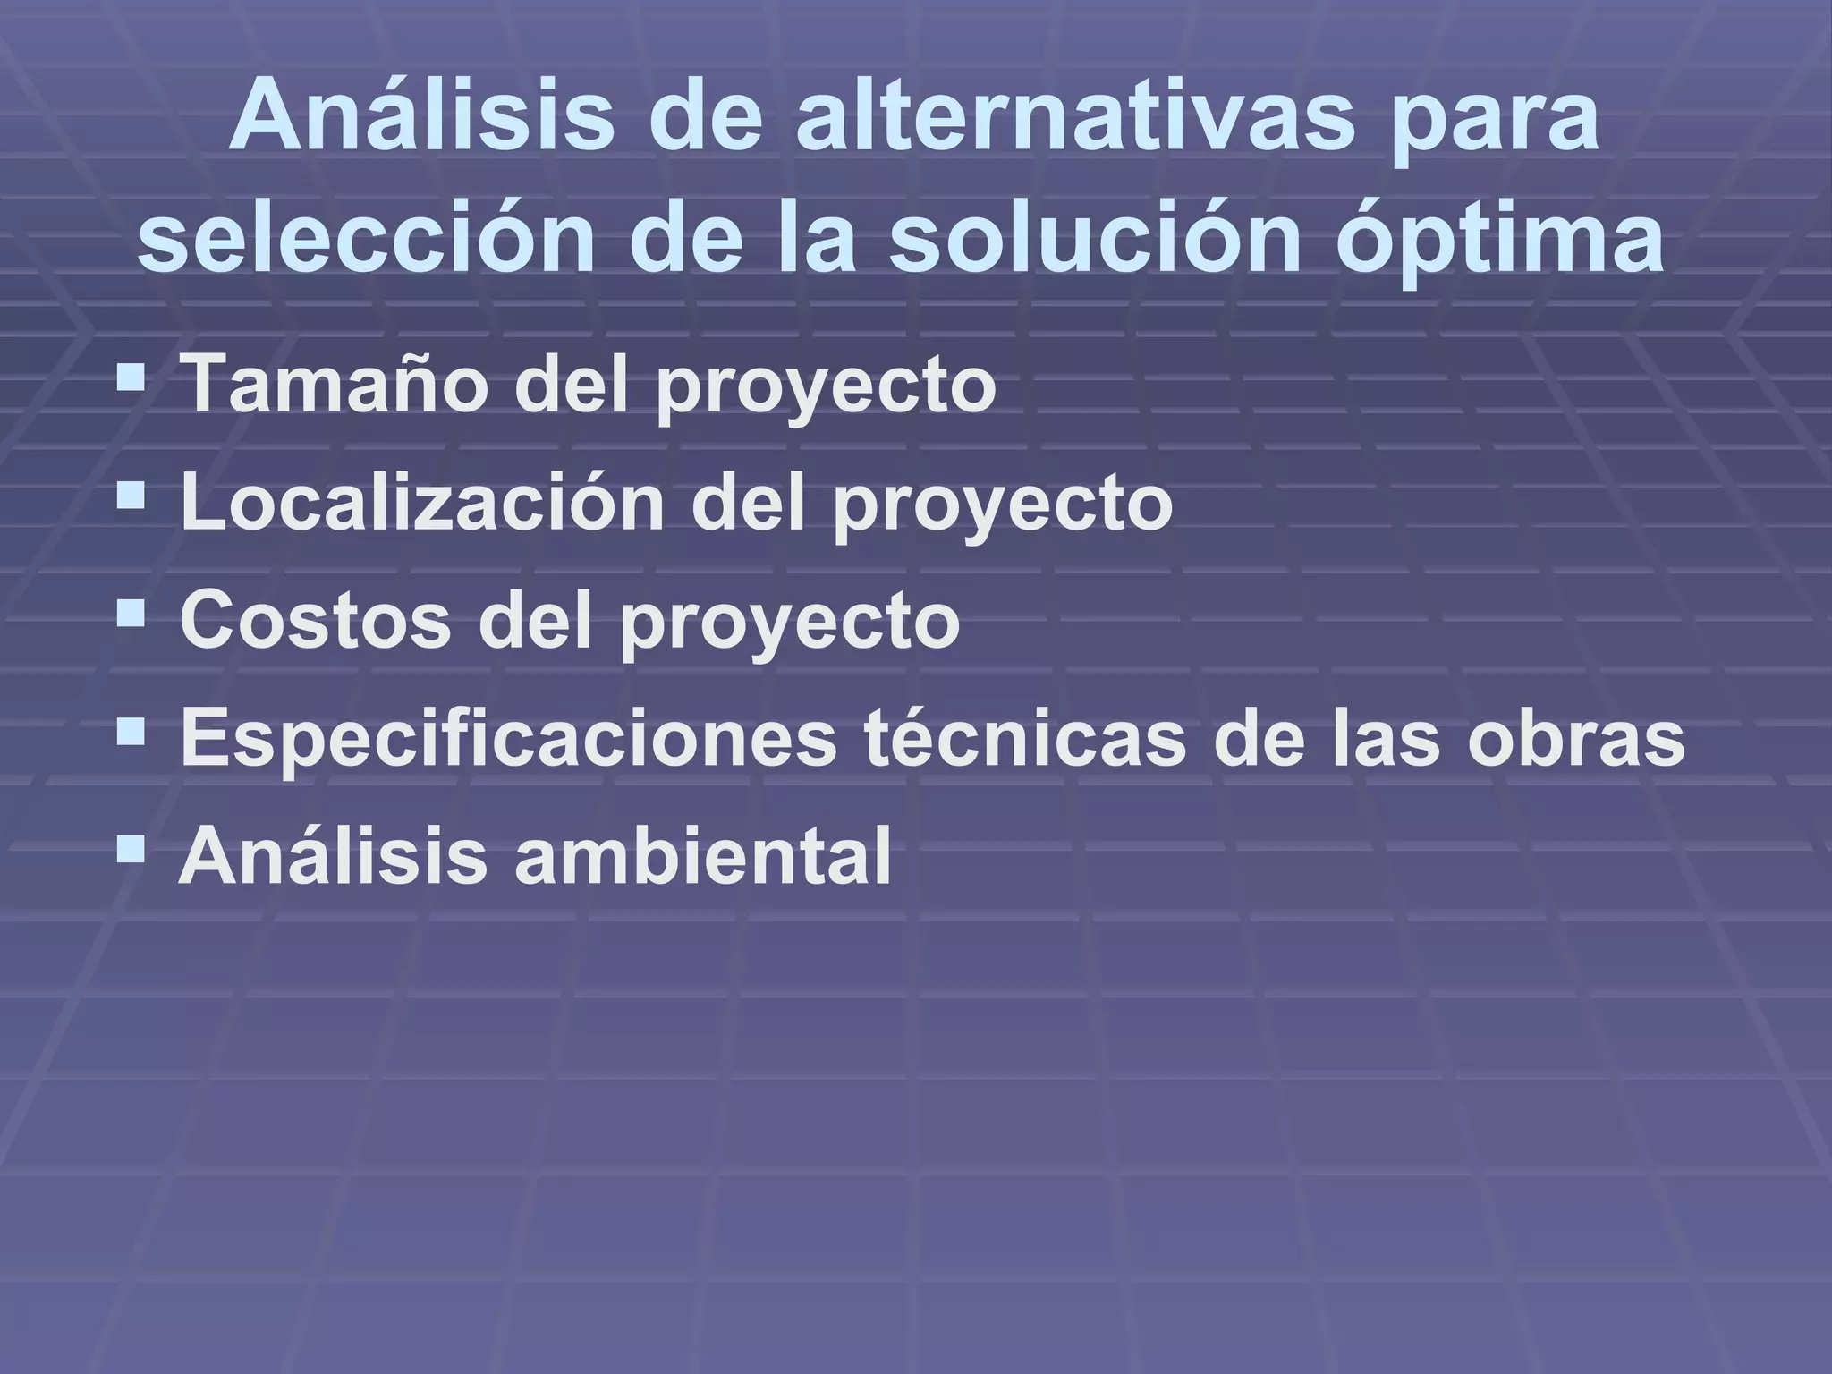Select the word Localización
tap(423, 503)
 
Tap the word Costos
tap(316, 620)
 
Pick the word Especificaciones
tap(508, 739)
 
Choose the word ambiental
tap(702, 855)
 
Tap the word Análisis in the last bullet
tap(331, 855)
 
